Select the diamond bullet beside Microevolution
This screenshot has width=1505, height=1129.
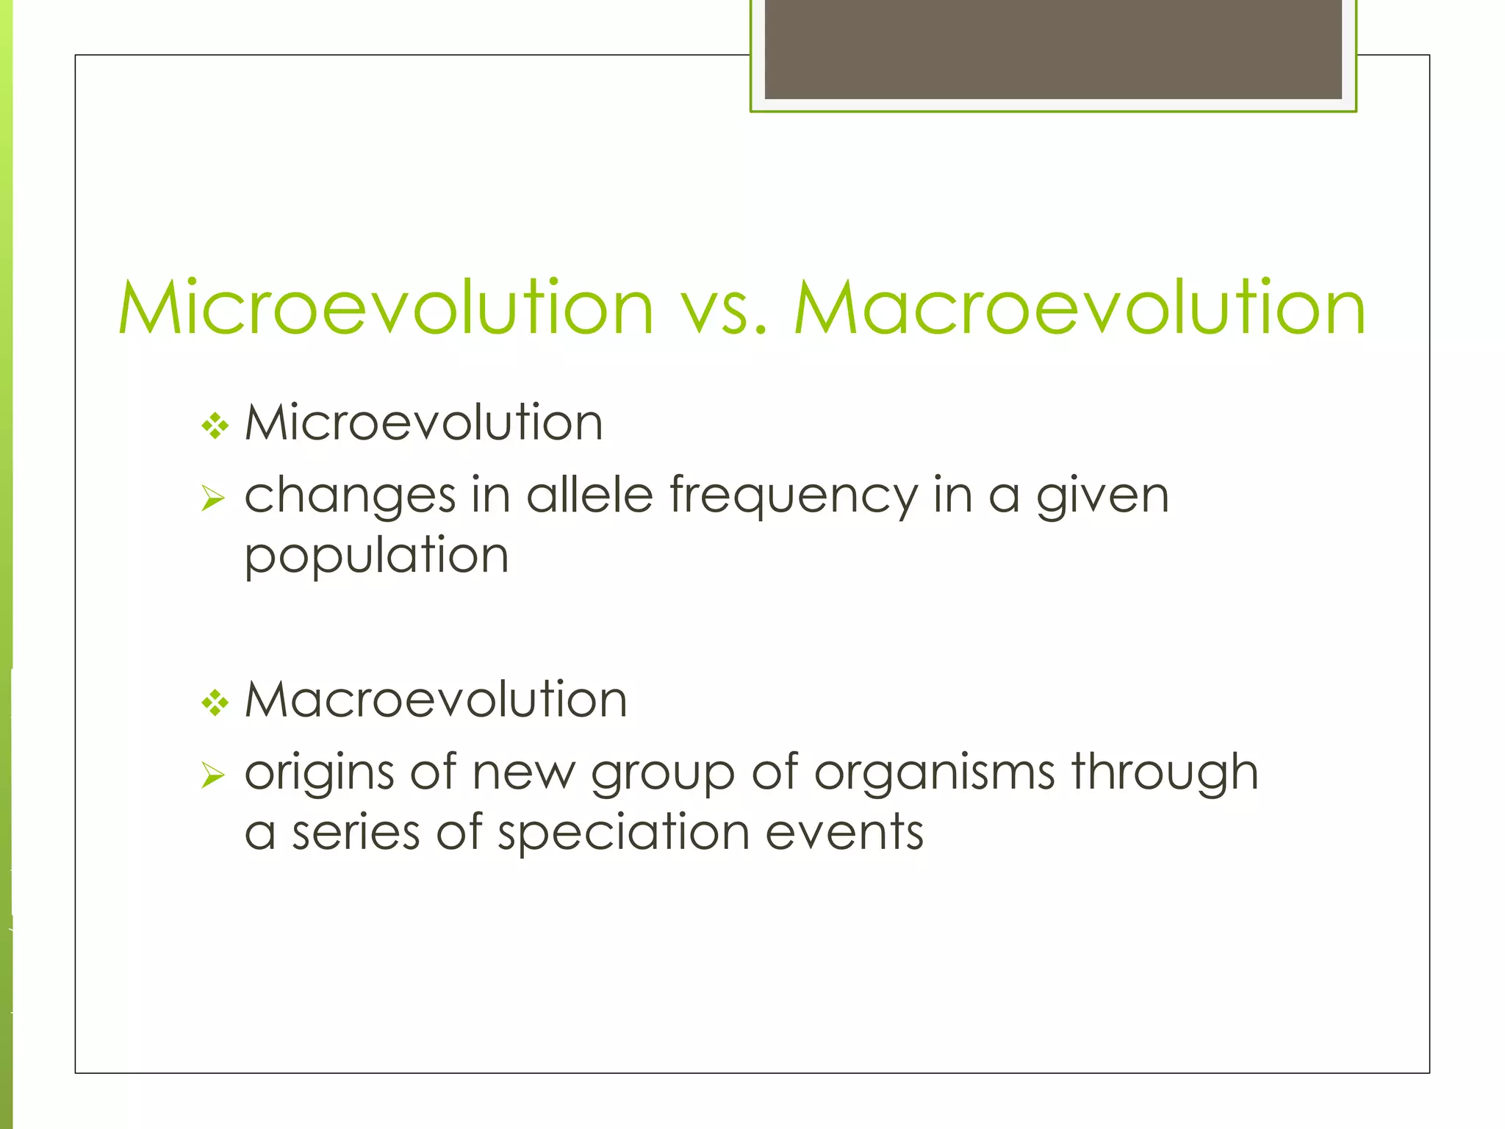(x=215, y=425)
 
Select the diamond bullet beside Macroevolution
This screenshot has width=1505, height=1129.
(x=215, y=703)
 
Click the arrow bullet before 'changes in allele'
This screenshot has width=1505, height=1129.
(x=212, y=500)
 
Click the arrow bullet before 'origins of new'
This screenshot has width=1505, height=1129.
(x=212, y=775)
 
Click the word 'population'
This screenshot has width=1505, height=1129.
(x=376, y=557)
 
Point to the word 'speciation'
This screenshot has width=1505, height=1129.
(x=623, y=835)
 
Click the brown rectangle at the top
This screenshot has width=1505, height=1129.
(x=1052, y=49)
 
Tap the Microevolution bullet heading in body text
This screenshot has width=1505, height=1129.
(x=423, y=423)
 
